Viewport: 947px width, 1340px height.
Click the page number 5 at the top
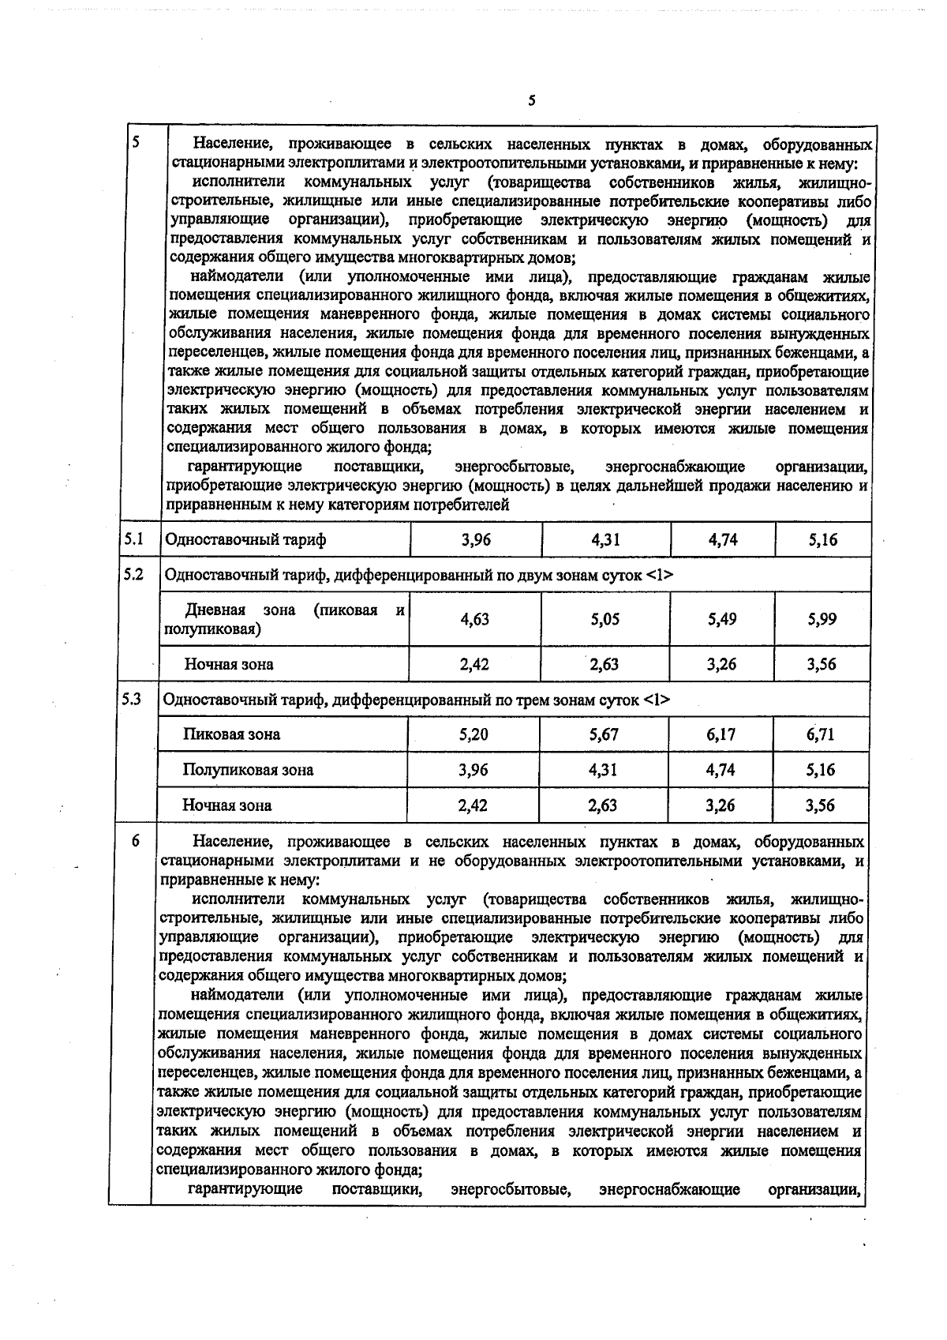click(x=531, y=100)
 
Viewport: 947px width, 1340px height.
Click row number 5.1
click(x=133, y=539)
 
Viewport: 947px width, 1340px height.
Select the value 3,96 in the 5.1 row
click(x=475, y=540)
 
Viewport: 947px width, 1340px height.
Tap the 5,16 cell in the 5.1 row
click(x=822, y=540)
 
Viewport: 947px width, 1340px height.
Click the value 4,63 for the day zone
click(x=475, y=620)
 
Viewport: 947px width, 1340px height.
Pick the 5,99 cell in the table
click(x=822, y=620)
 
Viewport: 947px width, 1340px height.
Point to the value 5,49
click(x=722, y=620)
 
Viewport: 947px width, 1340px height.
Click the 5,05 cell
click(x=605, y=620)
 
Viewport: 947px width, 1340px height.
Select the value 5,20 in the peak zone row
click(x=473, y=734)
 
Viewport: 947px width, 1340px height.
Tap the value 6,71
click(x=821, y=734)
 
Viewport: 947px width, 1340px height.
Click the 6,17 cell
click(x=721, y=734)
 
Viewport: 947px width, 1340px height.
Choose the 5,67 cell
click(x=604, y=734)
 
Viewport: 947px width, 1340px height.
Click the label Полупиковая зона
click(x=248, y=770)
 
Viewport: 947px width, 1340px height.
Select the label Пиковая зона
click(x=232, y=734)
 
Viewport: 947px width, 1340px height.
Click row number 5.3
click(x=133, y=699)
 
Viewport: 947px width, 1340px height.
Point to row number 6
click(x=136, y=842)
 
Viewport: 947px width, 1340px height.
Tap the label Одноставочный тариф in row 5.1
click(x=245, y=540)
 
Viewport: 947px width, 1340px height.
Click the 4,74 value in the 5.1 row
click(x=722, y=540)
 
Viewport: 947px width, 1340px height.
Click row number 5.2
click(x=133, y=574)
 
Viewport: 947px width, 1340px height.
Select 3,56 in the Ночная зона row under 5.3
click(x=821, y=805)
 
